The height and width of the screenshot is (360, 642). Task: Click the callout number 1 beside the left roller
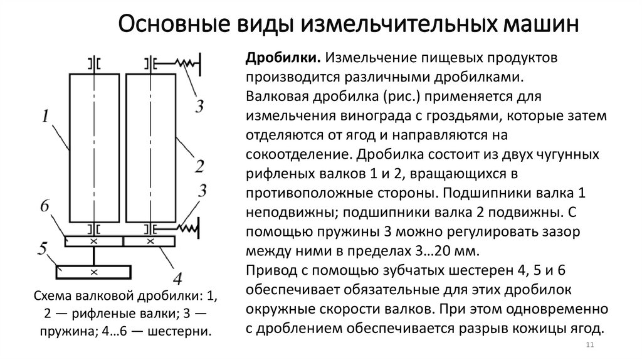pyautogui.click(x=46, y=116)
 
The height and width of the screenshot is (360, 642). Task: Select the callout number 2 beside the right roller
pyautogui.click(x=199, y=167)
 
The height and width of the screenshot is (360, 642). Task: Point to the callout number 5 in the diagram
pyautogui.click(x=43, y=250)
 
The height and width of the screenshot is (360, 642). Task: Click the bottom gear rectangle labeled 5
pyautogui.click(x=93, y=272)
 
